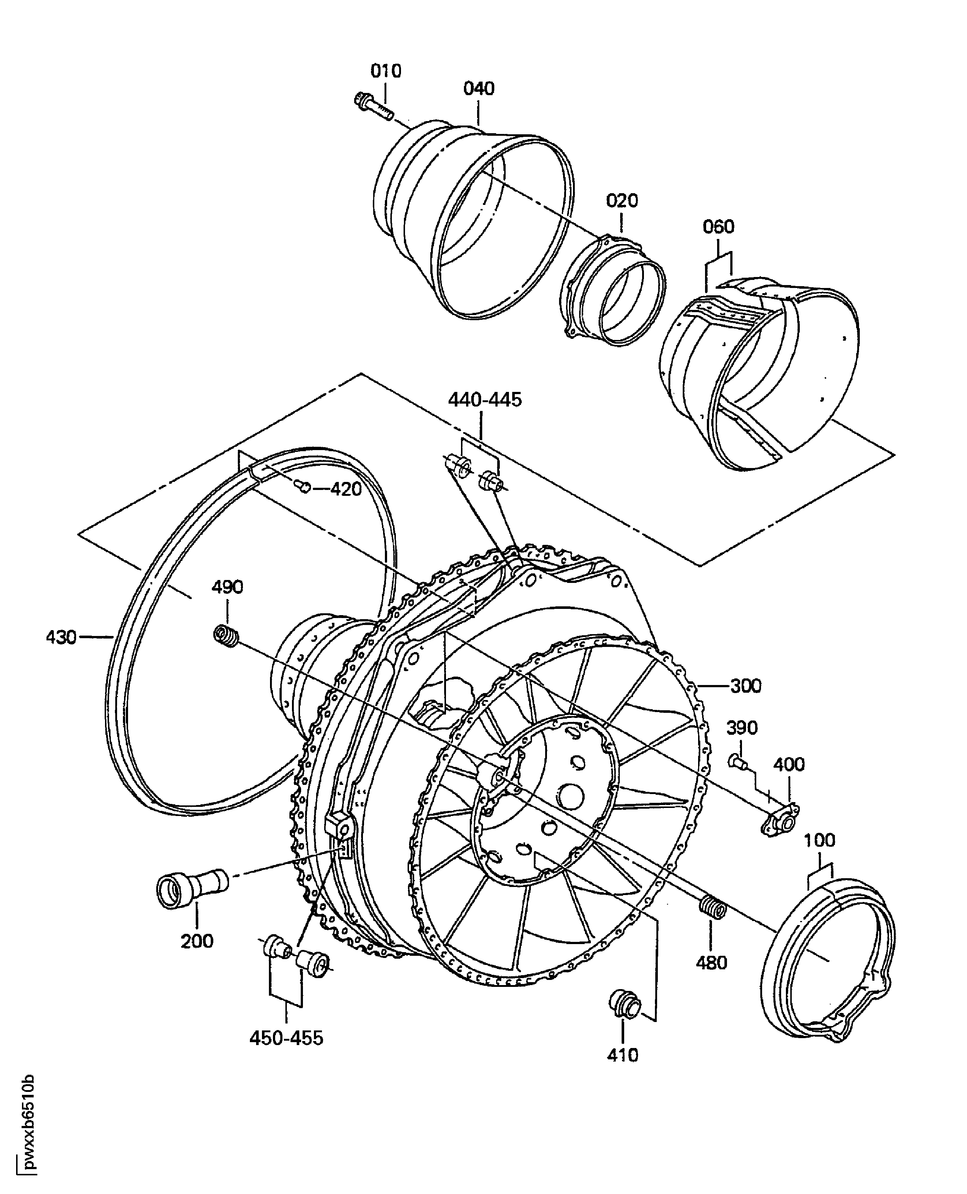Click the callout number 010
(386, 71)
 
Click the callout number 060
(719, 227)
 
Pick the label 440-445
(485, 400)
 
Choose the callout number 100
(820, 840)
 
